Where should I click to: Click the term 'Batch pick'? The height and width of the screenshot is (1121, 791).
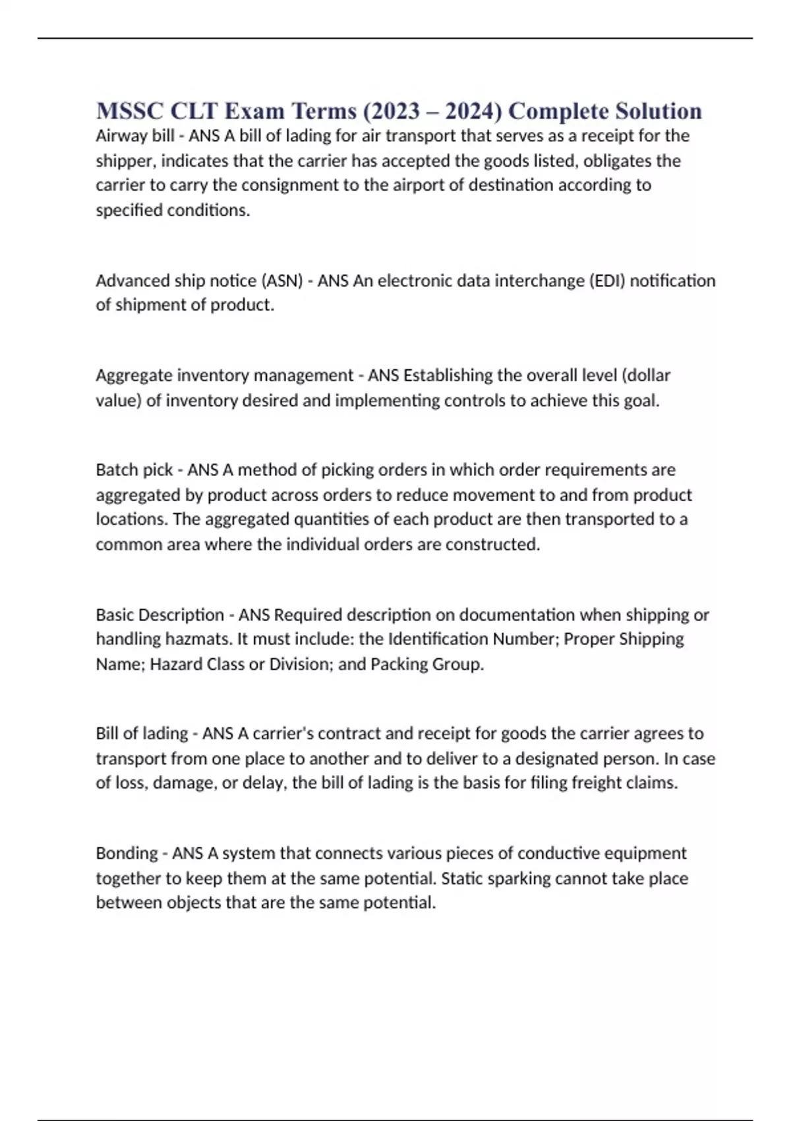[134, 470]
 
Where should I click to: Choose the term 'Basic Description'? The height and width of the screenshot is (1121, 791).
[160, 615]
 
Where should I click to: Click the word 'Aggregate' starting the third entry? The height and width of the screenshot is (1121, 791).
[129, 376]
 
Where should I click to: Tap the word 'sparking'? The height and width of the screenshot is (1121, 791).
[518, 878]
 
